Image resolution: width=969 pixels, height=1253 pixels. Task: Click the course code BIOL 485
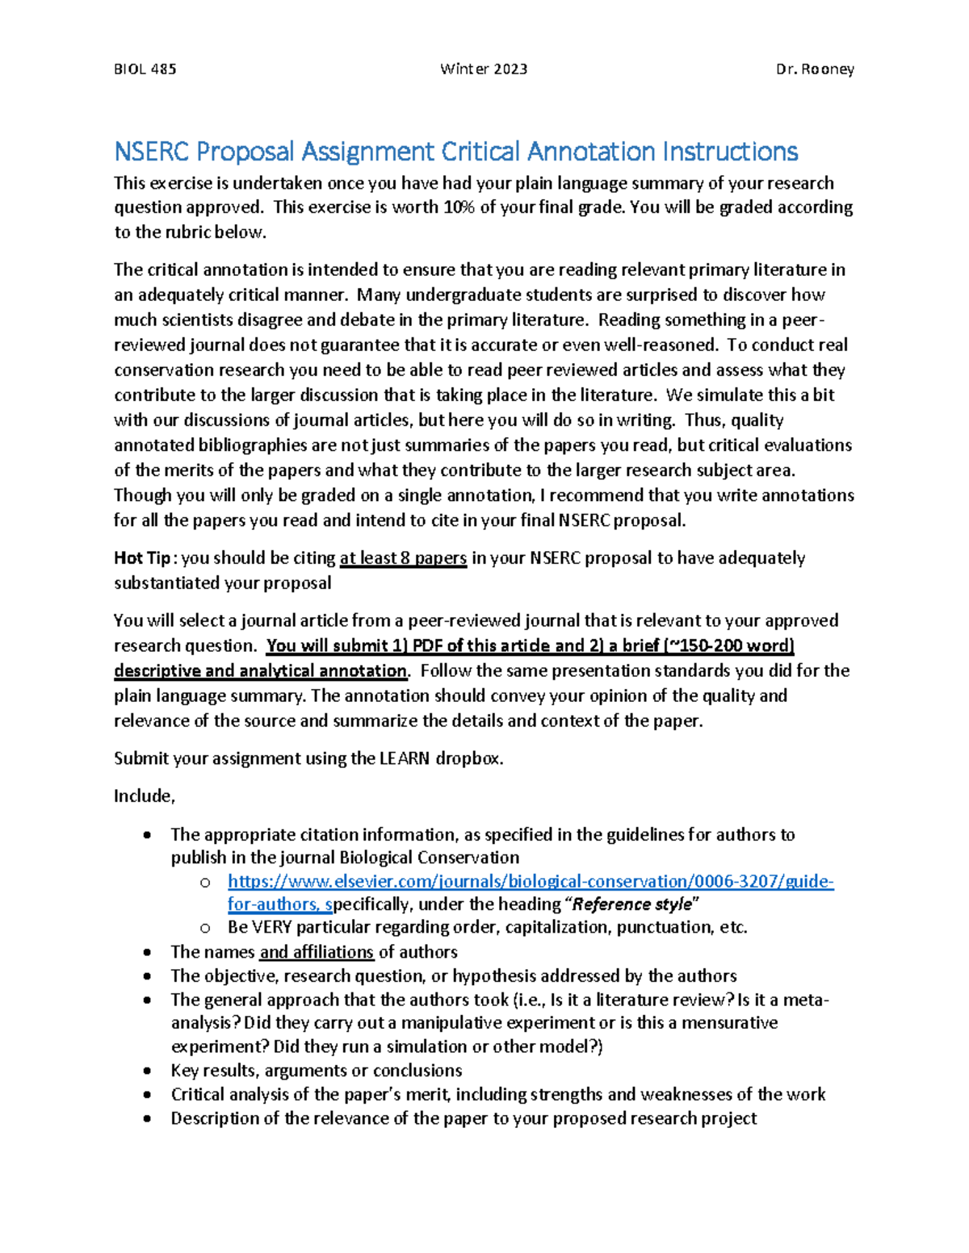click(145, 69)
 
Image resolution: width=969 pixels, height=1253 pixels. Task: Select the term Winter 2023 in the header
click(484, 69)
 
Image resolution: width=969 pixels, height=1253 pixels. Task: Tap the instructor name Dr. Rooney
click(815, 69)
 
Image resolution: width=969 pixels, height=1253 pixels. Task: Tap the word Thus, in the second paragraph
click(705, 420)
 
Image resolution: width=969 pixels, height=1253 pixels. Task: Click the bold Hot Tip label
click(142, 558)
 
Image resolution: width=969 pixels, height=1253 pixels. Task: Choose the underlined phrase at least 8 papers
click(403, 558)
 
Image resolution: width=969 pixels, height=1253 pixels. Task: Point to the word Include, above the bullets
click(145, 796)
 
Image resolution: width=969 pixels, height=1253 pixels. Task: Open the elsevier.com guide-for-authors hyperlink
click(531, 881)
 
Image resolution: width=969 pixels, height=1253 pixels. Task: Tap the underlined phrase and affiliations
click(317, 952)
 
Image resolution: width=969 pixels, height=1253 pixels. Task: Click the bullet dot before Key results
click(146, 1071)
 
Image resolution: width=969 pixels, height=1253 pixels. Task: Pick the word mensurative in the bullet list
click(730, 1023)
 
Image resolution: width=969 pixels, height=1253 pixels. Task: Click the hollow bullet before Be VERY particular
click(205, 928)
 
